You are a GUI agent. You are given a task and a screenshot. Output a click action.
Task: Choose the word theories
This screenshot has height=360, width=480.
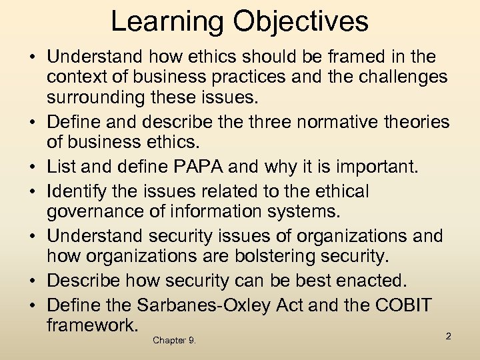pos(416,123)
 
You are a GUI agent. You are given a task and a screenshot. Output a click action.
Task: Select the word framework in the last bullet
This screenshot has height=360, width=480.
pos(92,325)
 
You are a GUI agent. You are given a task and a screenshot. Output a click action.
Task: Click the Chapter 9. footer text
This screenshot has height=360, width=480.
pos(174,340)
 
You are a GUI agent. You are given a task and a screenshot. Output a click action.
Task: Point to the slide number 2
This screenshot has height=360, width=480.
pos(449,336)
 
